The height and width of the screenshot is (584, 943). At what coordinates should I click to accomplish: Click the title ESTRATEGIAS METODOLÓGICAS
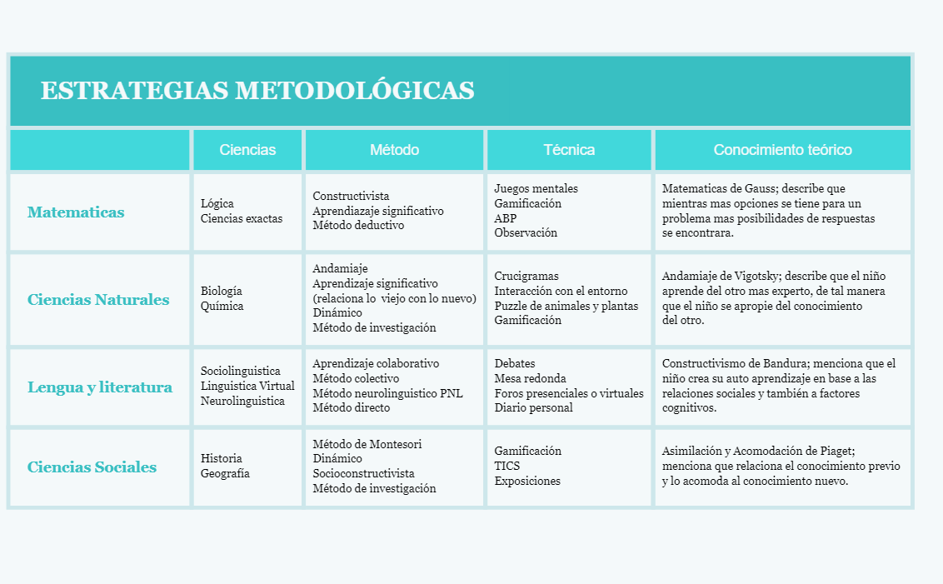(257, 91)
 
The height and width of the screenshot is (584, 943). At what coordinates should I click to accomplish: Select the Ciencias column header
(247, 150)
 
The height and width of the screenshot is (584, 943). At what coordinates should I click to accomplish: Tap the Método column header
(394, 150)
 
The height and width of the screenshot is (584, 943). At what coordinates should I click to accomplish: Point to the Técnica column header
(569, 150)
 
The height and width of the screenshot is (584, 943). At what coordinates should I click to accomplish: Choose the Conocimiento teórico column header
(782, 150)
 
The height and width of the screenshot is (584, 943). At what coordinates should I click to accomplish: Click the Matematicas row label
(76, 212)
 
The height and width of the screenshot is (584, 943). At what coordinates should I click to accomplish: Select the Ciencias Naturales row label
(98, 300)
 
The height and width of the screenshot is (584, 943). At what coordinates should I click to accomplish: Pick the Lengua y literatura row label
(100, 387)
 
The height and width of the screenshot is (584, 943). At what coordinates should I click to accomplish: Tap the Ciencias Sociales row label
(92, 467)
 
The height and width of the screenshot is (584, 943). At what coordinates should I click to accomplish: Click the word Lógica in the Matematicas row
(217, 204)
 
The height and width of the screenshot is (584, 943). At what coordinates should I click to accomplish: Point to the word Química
(222, 307)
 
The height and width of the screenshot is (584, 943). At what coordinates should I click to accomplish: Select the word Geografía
(225, 474)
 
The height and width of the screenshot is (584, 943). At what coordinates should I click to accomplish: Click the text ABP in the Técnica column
(506, 218)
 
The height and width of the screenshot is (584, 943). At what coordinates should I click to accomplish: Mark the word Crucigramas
(526, 277)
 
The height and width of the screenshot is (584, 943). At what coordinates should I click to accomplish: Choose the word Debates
(515, 364)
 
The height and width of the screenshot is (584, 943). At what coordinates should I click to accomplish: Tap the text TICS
(507, 467)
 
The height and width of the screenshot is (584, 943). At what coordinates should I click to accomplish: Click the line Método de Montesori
(367, 444)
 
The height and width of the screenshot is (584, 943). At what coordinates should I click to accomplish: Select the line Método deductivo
(358, 225)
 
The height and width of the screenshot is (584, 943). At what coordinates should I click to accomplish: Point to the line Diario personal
(533, 408)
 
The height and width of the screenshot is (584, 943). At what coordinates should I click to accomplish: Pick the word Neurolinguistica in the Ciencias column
(242, 402)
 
